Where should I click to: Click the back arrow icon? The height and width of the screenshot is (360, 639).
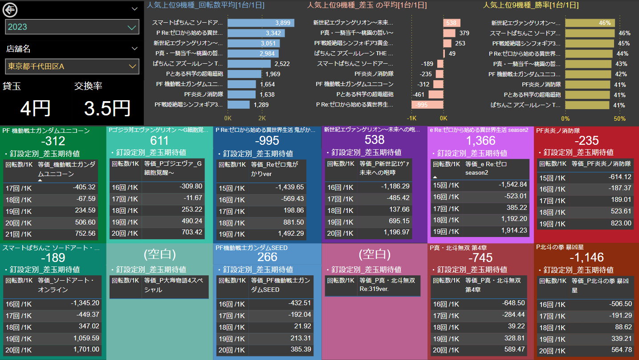[x=9, y=9]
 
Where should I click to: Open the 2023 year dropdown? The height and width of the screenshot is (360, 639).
[x=72, y=27]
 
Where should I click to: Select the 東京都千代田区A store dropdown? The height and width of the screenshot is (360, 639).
[x=72, y=66]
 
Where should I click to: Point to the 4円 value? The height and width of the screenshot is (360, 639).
[x=35, y=108]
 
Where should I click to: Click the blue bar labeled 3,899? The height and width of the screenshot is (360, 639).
[x=260, y=23]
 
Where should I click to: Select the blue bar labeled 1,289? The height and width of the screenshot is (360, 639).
[x=239, y=105]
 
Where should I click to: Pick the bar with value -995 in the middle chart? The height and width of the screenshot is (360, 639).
[x=427, y=105]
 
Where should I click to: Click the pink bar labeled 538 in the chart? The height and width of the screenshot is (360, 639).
[x=452, y=23]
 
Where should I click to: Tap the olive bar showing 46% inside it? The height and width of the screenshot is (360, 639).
[x=590, y=23]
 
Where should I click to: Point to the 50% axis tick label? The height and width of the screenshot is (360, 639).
[x=619, y=119]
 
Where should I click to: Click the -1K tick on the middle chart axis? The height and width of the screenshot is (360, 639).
[x=411, y=119]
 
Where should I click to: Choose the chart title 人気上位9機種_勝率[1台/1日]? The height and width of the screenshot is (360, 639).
[x=531, y=5]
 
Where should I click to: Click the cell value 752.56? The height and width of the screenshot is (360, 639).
[x=85, y=233]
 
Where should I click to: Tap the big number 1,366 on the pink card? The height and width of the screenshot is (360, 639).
[x=480, y=141]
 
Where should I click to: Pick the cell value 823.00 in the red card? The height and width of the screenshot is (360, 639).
[x=621, y=223]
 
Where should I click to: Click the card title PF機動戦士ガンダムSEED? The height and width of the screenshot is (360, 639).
[x=252, y=248]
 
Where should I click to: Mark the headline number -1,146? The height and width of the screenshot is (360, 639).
[x=587, y=258]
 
